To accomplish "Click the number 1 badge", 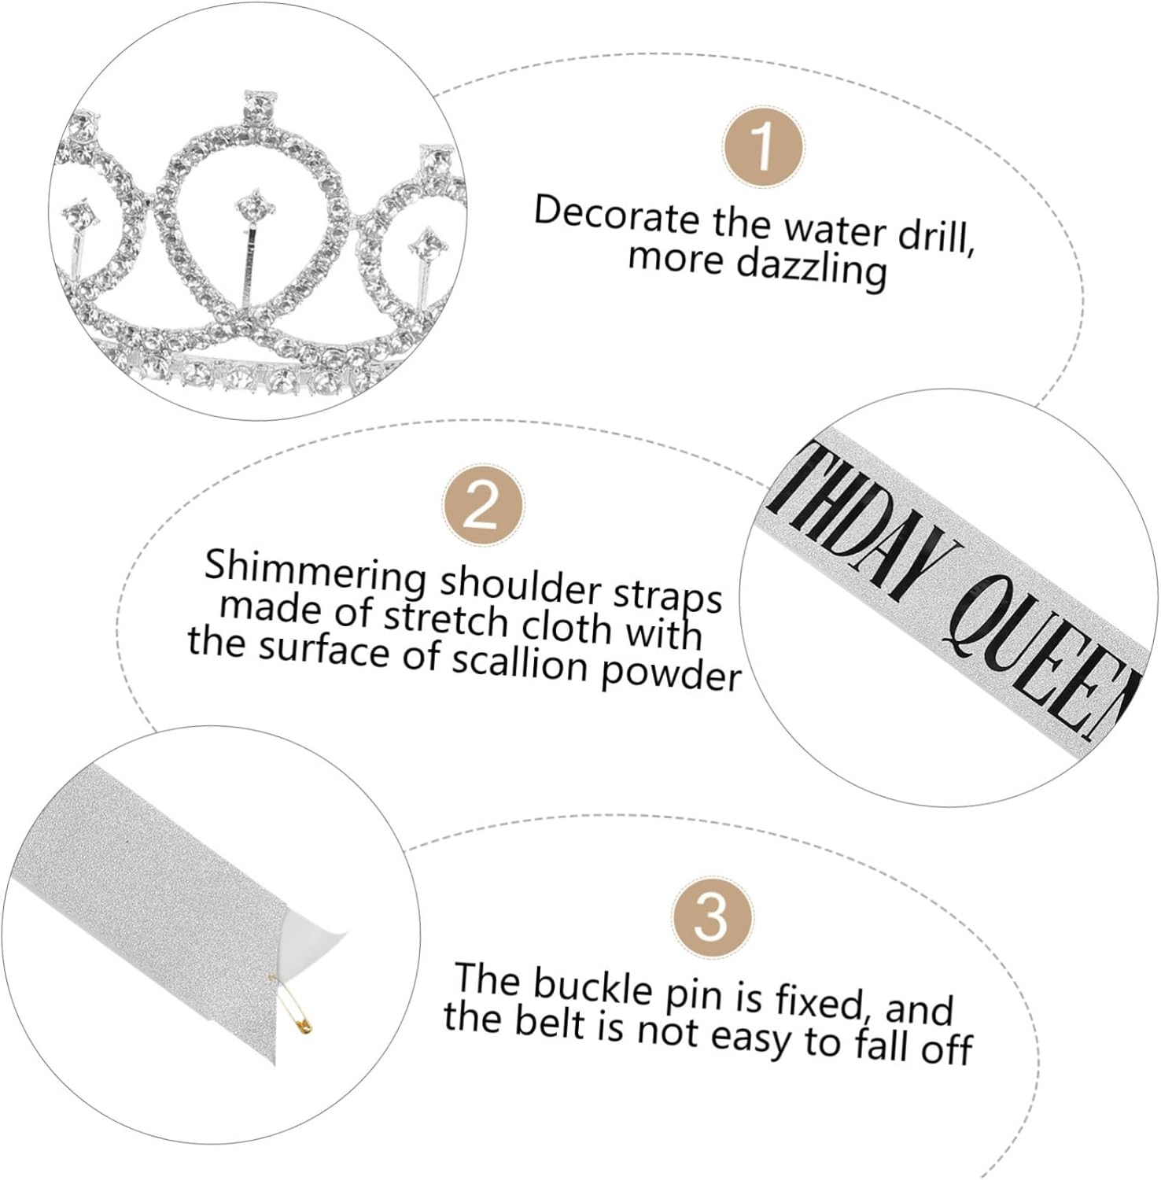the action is (762, 146).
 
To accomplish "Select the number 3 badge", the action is (712, 917).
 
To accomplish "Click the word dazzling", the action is (812, 267).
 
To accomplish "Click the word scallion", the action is (519, 661).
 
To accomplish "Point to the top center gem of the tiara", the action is (260, 103).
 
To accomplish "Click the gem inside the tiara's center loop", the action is (255, 206).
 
